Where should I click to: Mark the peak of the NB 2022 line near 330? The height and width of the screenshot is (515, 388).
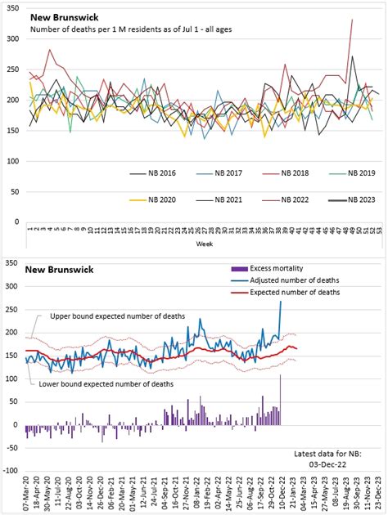click(x=351, y=20)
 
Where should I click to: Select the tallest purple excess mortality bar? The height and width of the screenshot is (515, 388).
click(x=281, y=400)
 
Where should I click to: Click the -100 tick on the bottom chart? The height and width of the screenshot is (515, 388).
click(x=11, y=471)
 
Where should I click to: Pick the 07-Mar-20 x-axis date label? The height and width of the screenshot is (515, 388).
click(x=26, y=495)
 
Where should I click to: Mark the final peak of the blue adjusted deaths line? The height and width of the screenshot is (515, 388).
click(x=281, y=302)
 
